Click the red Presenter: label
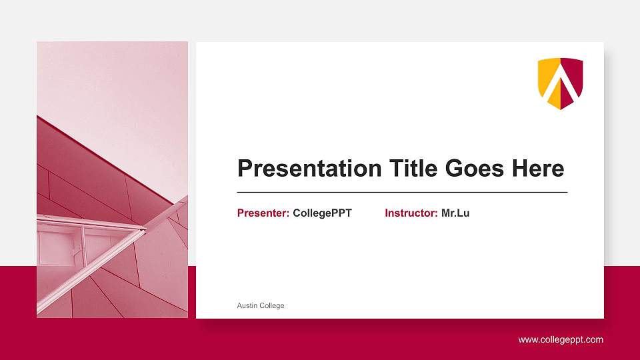pyautogui.click(x=263, y=213)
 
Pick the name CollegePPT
pyautogui.click(x=322, y=213)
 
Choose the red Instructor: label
pyautogui.click(x=411, y=213)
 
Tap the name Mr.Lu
pyautogui.click(x=455, y=213)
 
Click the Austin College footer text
pyautogui.click(x=261, y=306)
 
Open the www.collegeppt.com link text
pyautogui.click(x=561, y=340)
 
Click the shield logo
pyautogui.click(x=561, y=83)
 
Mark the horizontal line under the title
pyautogui.click(x=402, y=192)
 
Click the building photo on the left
pyautogui.click(x=112, y=180)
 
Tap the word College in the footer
pyautogui.click(x=272, y=306)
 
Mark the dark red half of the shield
pyautogui.click(x=575, y=80)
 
